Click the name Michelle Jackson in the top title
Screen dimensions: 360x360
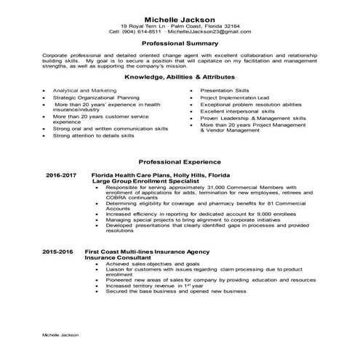(x=180, y=18)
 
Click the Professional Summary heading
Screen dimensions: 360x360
(x=180, y=44)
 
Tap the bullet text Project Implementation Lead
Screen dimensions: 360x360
(x=236, y=97)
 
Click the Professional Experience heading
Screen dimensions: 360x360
(x=180, y=161)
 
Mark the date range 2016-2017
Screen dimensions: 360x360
(x=60, y=176)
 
